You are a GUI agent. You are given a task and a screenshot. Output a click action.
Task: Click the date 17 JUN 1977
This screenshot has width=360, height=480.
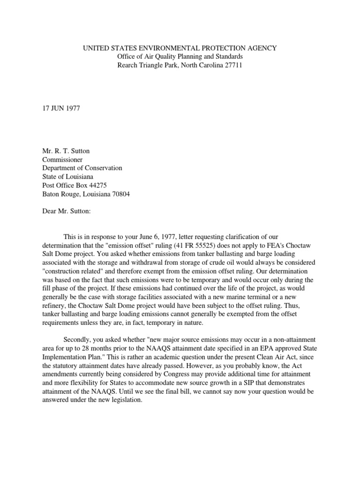click(61, 108)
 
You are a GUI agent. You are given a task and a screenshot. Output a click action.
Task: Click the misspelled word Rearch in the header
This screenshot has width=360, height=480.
click(127, 65)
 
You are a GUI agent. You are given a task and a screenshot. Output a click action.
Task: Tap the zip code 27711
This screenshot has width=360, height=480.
click(232, 65)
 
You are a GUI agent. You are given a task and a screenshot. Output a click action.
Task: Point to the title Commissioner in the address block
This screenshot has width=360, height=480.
click(62, 159)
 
